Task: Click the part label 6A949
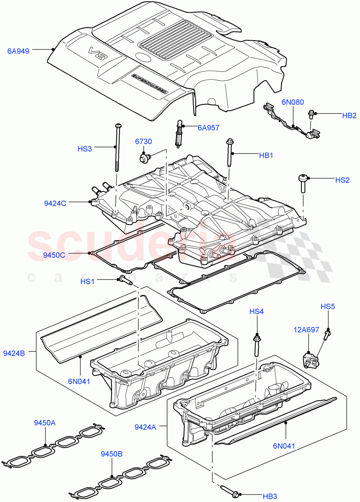click(x=18, y=51)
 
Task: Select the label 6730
click(x=143, y=142)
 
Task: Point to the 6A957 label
click(x=209, y=128)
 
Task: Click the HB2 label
click(x=349, y=115)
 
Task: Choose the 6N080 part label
click(x=292, y=102)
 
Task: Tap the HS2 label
click(x=342, y=180)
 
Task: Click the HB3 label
click(x=270, y=496)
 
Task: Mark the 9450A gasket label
click(x=45, y=423)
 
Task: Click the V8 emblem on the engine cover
click(x=97, y=54)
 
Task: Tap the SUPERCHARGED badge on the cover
click(x=149, y=84)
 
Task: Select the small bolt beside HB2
click(x=311, y=113)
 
